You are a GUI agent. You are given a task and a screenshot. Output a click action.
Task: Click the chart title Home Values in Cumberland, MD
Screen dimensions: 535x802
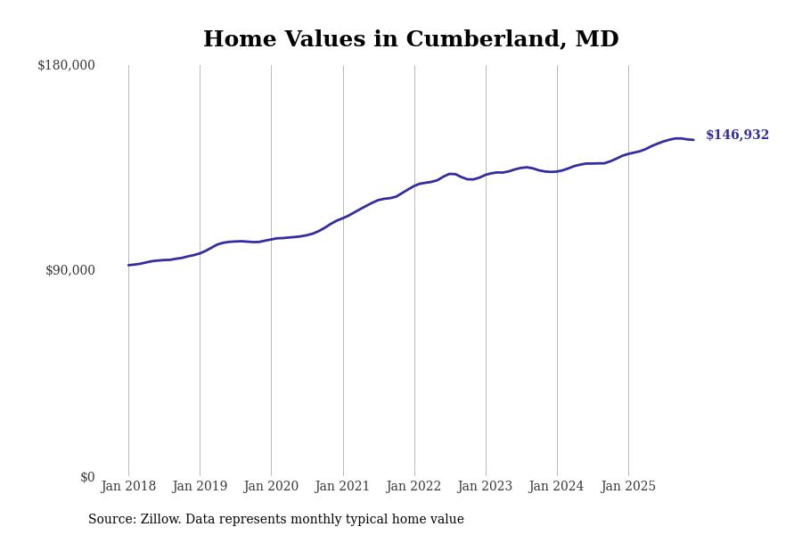pyautogui.click(x=411, y=40)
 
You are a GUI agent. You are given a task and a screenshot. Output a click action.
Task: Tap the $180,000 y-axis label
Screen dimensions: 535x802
pyautogui.click(x=66, y=65)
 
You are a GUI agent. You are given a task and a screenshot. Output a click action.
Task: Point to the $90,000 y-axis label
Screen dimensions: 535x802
pyautogui.click(x=70, y=270)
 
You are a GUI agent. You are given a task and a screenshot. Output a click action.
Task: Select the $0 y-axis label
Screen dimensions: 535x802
pyautogui.click(x=86, y=477)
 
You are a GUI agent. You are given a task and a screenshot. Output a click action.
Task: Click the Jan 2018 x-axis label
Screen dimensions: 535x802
pyautogui.click(x=128, y=487)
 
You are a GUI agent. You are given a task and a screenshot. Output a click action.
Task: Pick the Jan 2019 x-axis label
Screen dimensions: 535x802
pyautogui.click(x=200, y=487)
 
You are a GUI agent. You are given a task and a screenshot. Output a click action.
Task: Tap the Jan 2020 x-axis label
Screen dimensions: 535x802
pyautogui.click(x=271, y=487)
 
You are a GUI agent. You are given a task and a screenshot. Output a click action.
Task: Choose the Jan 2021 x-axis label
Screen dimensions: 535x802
pyautogui.click(x=342, y=487)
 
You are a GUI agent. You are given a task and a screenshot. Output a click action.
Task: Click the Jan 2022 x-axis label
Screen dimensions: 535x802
pyautogui.click(x=413, y=487)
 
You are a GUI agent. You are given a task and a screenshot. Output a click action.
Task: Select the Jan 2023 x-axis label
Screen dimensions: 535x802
pyautogui.click(x=485, y=487)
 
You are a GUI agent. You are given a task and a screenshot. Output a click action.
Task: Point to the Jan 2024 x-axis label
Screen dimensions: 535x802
pyautogui.click(x=556, y=487)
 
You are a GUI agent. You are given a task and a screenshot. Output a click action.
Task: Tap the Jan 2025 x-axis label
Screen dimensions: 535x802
pyautogui.click(x=628, y=487)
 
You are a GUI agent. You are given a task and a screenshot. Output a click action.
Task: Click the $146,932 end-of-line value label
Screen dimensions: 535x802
pyautogui.click(x=737, y=136)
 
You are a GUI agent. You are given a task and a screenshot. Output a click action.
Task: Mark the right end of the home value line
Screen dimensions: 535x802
pyautogui.click(x=693, y=140)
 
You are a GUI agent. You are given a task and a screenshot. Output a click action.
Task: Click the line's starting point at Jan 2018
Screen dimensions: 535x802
pyautogui.click(x=128, y=265)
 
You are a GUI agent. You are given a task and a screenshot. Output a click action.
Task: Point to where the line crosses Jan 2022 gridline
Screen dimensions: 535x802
pyautogui.click(x=414, y=185)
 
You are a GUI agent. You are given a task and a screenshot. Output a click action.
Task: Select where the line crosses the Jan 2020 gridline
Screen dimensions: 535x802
pyautogui.click(x=272, y=239)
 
